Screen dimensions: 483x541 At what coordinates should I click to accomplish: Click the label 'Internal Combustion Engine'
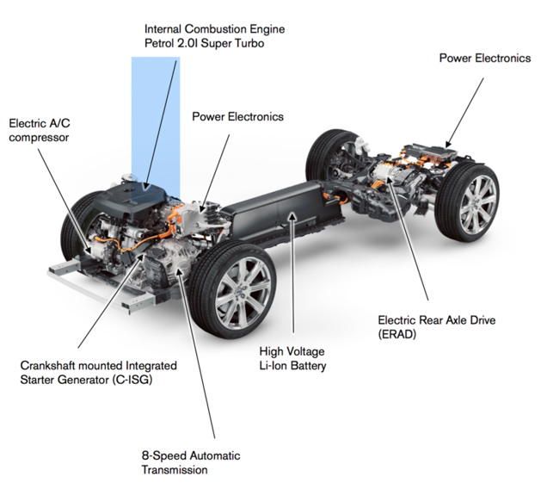214,29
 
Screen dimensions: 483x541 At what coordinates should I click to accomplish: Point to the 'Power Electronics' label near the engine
237,116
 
